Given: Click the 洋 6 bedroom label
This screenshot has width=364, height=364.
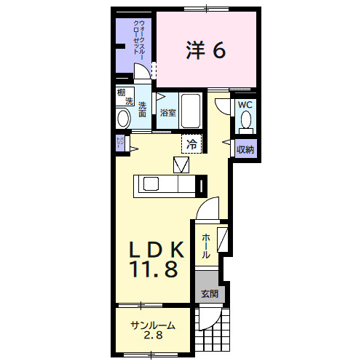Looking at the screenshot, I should [x=206, y=50].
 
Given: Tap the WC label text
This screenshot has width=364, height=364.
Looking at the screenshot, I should [x=244, y=105].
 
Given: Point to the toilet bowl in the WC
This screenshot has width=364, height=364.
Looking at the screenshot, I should [x=246, y=120].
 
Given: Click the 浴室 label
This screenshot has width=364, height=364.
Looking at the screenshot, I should [x=168, y=113].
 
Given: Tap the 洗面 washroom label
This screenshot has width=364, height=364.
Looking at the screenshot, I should [x=143, y=109].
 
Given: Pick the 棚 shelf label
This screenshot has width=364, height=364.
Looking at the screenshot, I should [x=121, y=92].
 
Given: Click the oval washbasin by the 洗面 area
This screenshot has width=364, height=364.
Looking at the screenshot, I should [x=122, y=118].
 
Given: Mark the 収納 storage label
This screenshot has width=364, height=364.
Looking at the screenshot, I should [x=245, y=150].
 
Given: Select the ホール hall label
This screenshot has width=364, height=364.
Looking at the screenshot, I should [x=207, y=245].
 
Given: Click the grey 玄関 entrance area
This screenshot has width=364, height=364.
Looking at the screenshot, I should [x=210, y=293].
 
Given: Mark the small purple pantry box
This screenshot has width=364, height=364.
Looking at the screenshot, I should [x=120, y=143].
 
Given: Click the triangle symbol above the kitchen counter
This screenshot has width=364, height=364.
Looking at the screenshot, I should [x=181, y=165].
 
